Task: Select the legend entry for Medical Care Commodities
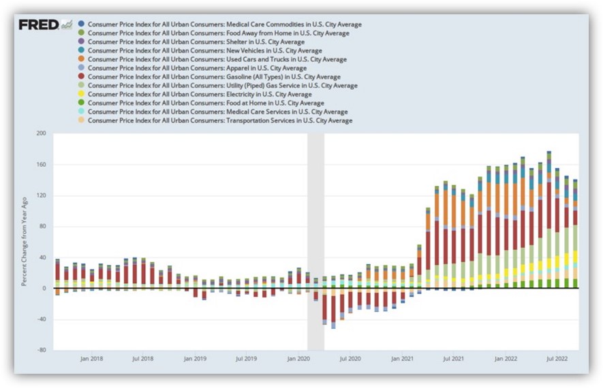coord(224,25)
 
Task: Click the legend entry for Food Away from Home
coord(218,33)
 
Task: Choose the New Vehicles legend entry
coord(204,51)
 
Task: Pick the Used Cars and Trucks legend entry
coord(217,60)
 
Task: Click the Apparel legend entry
coord(197,69)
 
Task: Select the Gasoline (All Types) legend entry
coord(214,77)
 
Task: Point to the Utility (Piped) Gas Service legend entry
coord(222,86)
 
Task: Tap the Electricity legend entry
coord(200,95)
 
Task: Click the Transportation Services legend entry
coord(220,120)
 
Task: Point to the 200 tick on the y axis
coord(40,134)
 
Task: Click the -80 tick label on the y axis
coord(41,351)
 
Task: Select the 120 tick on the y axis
coord(40,196)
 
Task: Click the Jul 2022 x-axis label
coord(558,358)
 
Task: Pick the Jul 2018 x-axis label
coord(142,358)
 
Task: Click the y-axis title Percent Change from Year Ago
coord(25,242)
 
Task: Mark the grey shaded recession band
coord(315,242)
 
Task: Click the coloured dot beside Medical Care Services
coord(82,112)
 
